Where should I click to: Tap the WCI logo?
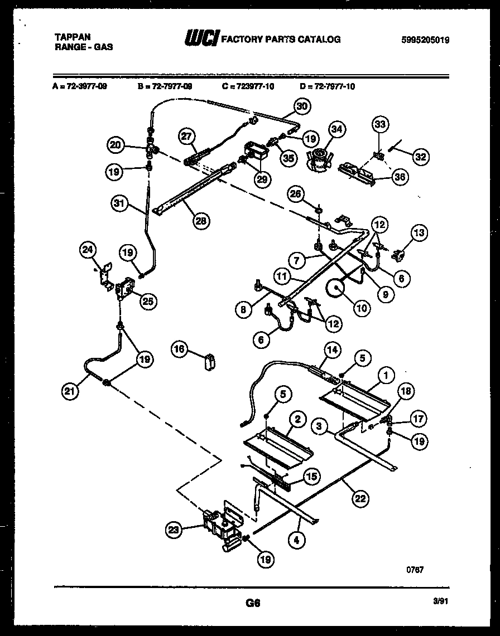pyautogui.click(x=201, y=38)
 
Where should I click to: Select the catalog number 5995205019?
pyautogui.click(x=425, y=40)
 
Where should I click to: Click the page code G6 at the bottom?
pyautogui.click(x=253, y=603)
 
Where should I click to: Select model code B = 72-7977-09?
pyautogui.click(x=165, y=86)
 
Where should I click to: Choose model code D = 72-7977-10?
pyautogui.click(x=327, y=86)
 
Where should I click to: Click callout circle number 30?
pyautogui.click(x=301, y=106)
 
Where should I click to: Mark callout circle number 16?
pyautogui.click(x=180, y=349)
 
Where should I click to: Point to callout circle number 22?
pyautogui.click(x=360, y=498)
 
